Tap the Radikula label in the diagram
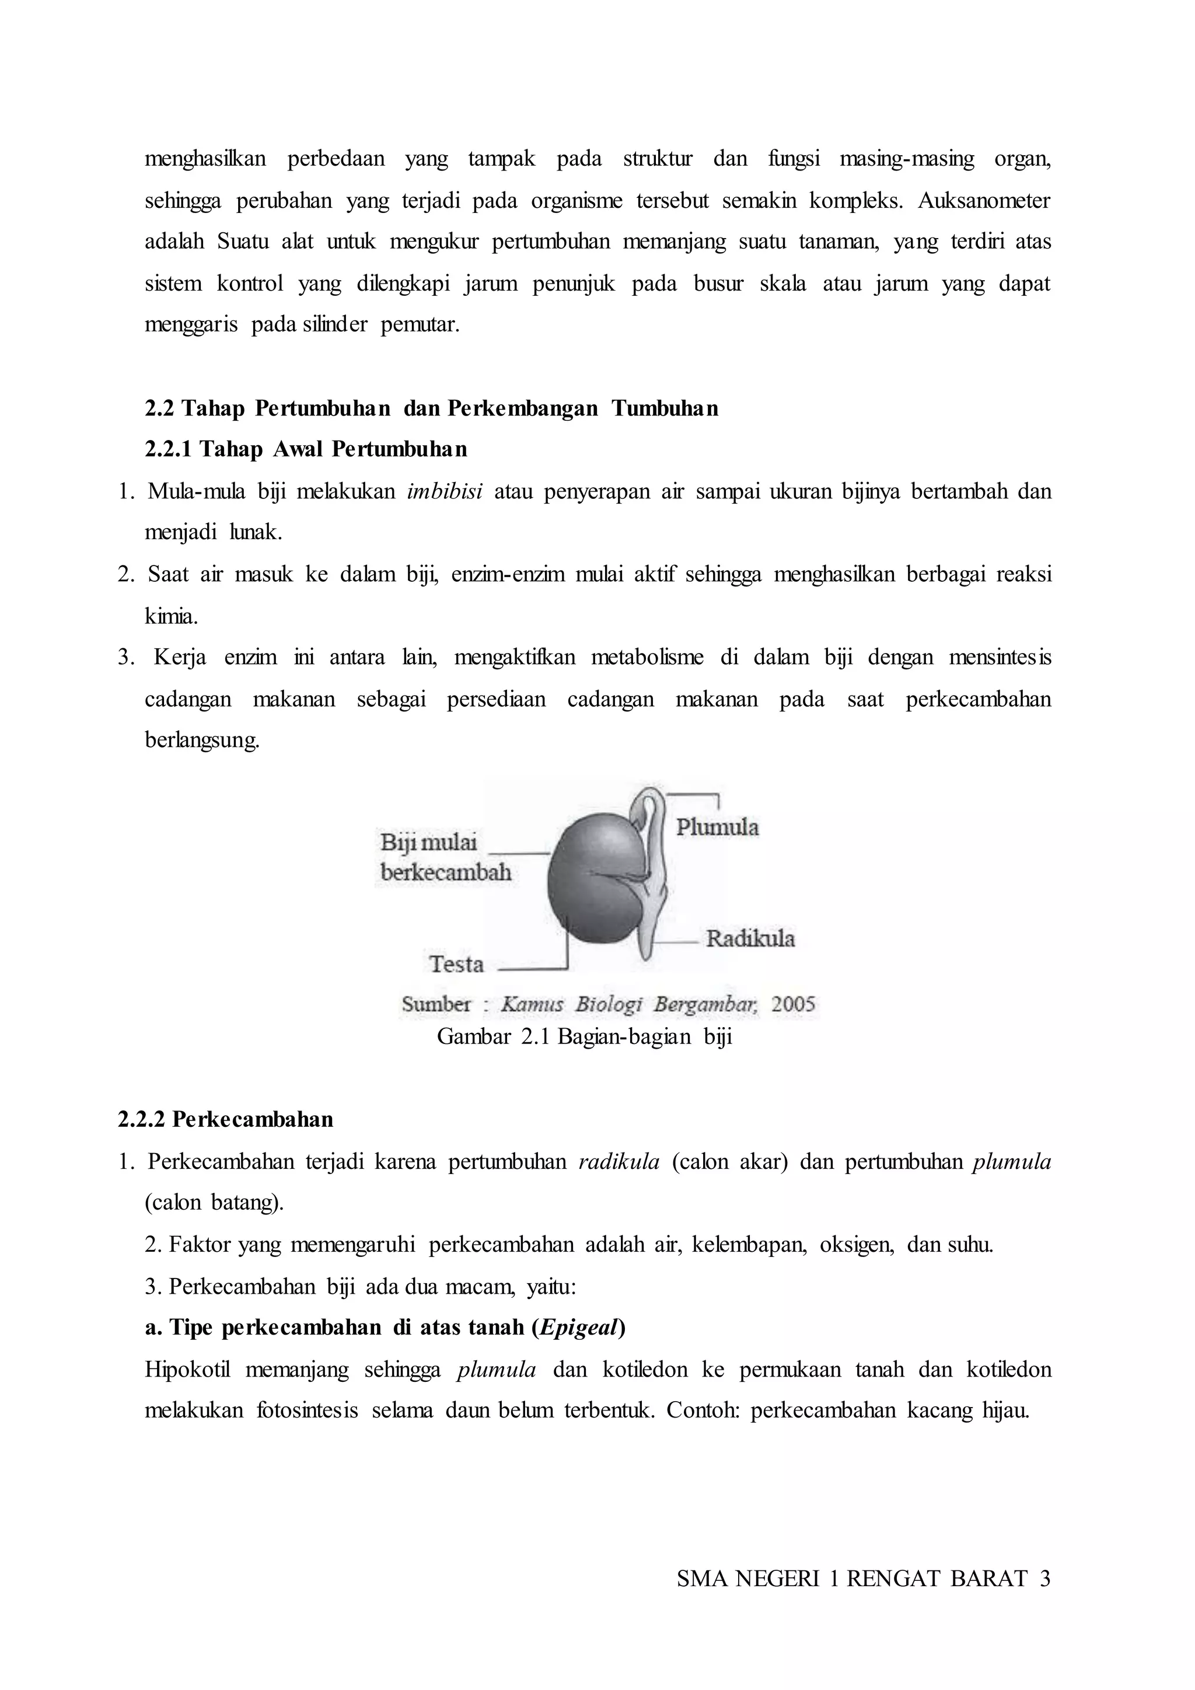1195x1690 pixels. [x=750, y=938]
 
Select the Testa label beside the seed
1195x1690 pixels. [x=456, y=964]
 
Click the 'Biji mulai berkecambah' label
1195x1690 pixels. [x=445, y=857]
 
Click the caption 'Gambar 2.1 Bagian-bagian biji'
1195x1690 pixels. [x=584, y=1036]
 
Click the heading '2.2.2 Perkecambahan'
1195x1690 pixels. [x=225, y=1119]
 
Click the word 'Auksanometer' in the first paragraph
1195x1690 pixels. [x=984, y=200]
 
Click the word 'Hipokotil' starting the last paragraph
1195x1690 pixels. [x=188, y=1370]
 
